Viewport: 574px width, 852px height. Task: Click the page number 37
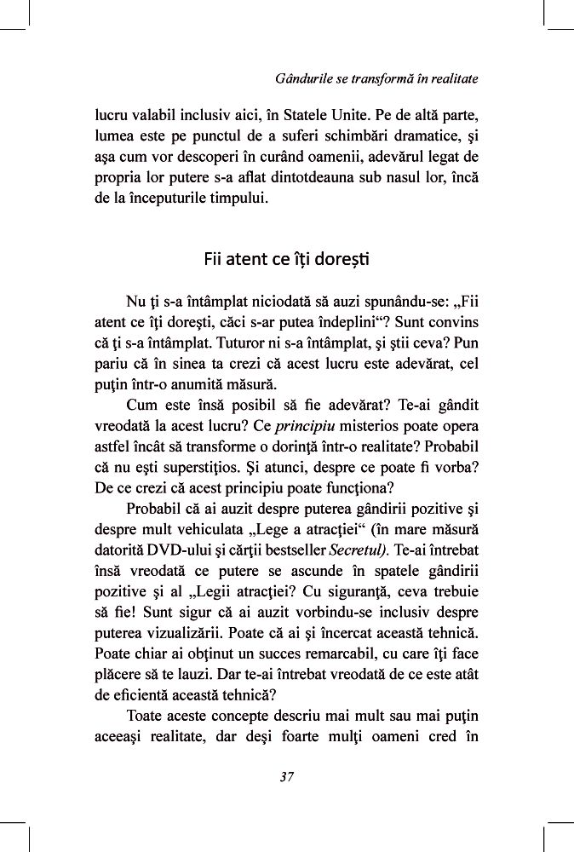point(286,776)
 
